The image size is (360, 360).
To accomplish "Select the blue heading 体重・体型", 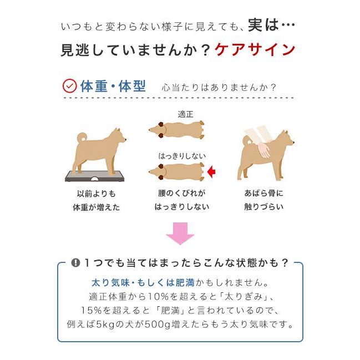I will coord(113,87).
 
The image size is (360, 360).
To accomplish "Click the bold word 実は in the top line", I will coord(263,26).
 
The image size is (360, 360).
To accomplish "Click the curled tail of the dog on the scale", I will coord(82,136).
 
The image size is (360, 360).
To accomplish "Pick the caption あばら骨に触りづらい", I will coord(263,200).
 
